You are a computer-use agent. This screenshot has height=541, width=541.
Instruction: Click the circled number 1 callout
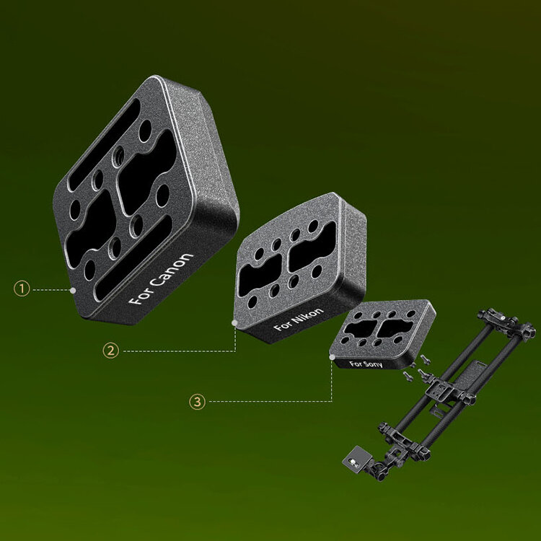pyautogui.click(x=22, y=289)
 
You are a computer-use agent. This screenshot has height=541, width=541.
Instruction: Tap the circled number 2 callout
pyautogui.click(x=111, y=351)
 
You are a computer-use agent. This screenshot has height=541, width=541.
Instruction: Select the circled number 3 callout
pyautogui.click(x=198, y=402)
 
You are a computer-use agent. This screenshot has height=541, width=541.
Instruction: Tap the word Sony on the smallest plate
pyautogui.click(x=373, y=364)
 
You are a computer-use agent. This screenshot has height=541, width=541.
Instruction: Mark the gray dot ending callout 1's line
pyautogui.click(x=73, y=290)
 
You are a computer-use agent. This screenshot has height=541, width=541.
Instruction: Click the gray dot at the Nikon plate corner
pyautogui.click(x=234, y=323)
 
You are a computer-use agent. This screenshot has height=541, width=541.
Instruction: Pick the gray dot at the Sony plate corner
pyautogui.click(x=332, y=357)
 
